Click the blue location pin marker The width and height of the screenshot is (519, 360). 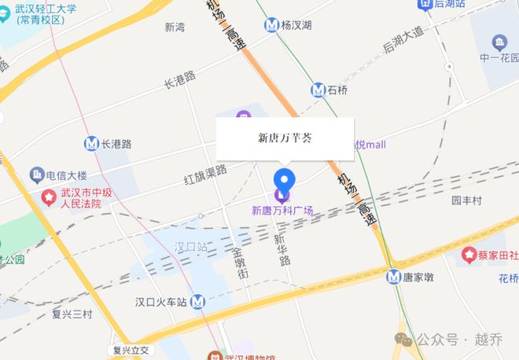(x=283, y=179)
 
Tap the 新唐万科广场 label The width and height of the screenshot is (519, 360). (x=282, y=211)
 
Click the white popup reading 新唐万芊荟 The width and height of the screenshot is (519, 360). (x=285, y=138)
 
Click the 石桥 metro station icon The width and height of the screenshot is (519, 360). (x=318, y=90)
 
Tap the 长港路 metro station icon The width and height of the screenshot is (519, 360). (x=91, y=144)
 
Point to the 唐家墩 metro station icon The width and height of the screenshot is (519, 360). (x=394, y=276)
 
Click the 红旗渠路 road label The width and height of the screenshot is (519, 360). (x=205, y=169)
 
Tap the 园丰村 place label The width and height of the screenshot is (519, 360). (x=466, y=200)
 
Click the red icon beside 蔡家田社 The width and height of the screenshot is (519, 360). (x=470, y=255)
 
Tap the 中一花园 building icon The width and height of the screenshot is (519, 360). (x=499, y=42)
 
